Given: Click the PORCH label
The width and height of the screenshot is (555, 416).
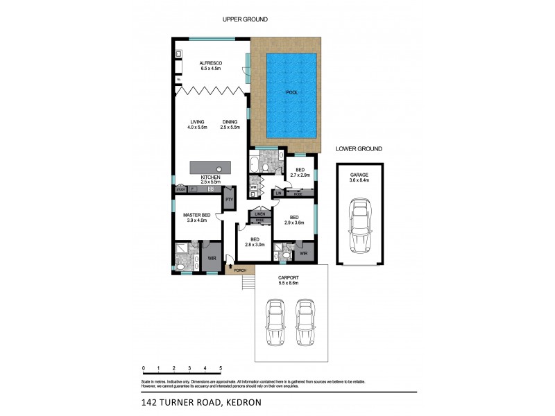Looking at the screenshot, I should pos(240,270).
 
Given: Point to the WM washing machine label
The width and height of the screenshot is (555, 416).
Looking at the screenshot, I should pos(253,187).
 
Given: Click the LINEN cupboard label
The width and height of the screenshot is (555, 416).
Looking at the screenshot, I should pos(259,214).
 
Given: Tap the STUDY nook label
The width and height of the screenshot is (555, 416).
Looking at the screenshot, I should pos(180,189).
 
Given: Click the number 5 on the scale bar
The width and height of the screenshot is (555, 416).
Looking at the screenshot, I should pos(221,367).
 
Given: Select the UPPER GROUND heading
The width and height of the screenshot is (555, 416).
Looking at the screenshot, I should pos(244,19).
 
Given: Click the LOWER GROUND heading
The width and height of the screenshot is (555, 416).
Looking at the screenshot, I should pos(359,148).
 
